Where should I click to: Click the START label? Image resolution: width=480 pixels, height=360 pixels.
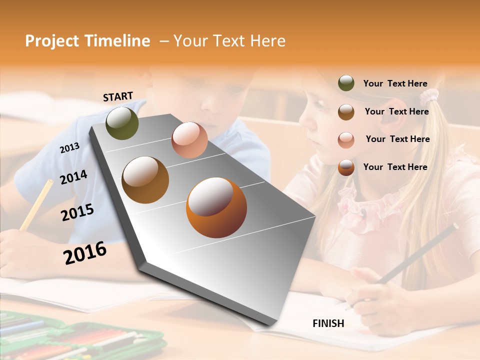[x=118, y=96]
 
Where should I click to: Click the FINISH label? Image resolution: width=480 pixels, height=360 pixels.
[x=328, y=323]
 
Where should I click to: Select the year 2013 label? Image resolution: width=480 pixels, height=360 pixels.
[x=69, y=147]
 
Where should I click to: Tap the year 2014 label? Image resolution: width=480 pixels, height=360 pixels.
[x=73, y=177]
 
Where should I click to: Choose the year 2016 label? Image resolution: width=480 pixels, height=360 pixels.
[x=85, y=253]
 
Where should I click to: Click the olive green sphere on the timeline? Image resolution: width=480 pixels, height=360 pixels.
[x=122, y=123]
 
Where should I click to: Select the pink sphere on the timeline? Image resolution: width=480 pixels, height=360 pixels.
[x=189, y=140]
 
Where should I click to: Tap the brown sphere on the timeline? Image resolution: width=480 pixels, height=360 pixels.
[x=145, y=179]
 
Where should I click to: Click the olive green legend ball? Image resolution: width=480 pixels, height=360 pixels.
[x=346, y=83]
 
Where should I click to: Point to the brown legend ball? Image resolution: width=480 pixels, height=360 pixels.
[x=346, y=112]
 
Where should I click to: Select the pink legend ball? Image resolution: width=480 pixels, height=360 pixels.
[x=346, y=139]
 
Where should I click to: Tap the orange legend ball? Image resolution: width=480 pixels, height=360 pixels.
[x=346, y=167]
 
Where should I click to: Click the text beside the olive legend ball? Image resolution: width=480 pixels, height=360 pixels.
[x=395, y=84]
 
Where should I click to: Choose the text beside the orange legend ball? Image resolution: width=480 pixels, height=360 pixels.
[x=395, y=167]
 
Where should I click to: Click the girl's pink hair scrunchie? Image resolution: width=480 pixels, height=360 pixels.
[x=429, y=95]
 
